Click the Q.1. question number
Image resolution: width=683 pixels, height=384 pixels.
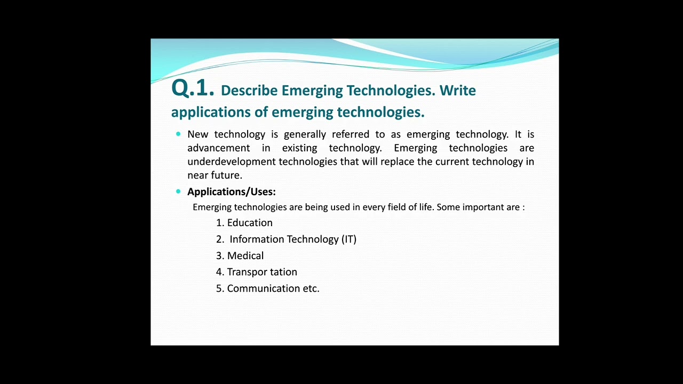click(192, 89)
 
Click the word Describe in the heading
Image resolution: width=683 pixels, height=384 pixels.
click(249, 91)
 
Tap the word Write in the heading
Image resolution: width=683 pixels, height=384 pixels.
click(457, 91)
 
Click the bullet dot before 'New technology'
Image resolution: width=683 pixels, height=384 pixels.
click(178, 134)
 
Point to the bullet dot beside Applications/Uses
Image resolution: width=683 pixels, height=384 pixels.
click(178, 191)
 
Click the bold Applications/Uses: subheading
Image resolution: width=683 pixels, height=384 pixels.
click(231, 191)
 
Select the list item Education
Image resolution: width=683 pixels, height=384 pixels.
click(250, 223)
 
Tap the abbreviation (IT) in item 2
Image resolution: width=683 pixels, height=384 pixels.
click(349, 239)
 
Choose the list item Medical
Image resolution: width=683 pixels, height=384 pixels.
click(245, 256)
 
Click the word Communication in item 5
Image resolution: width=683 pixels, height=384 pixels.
click(263, 289)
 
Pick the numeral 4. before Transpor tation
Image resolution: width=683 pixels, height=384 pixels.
click(220, 272)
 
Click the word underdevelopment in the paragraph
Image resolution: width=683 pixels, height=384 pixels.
click(232, 162)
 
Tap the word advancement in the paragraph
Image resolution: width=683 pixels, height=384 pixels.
click(218, 148)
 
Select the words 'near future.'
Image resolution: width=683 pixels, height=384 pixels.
click(215, 175)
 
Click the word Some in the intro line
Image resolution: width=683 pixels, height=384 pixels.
click(448, 207)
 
